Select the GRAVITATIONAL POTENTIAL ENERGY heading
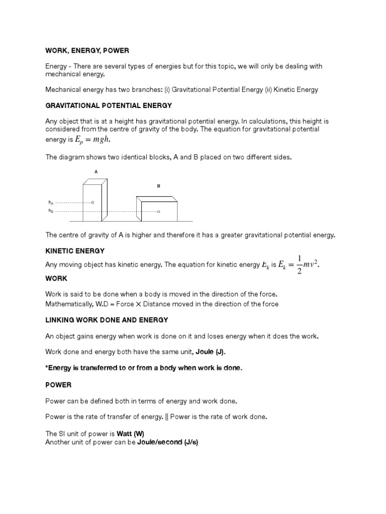coord(109,105)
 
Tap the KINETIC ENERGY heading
coord(75,250)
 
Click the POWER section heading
coord(58,385)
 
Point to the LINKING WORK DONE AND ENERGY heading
coord(107,320)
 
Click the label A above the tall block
coord(96,172)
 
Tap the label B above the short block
coord(158,186)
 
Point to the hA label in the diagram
coord(51,202)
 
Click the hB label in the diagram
coord(51,211)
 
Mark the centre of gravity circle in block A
coord(92,202)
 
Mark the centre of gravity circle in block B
coord(158,212)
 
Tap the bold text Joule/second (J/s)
coord(168,442)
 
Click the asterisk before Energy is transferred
coord(47,368)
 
